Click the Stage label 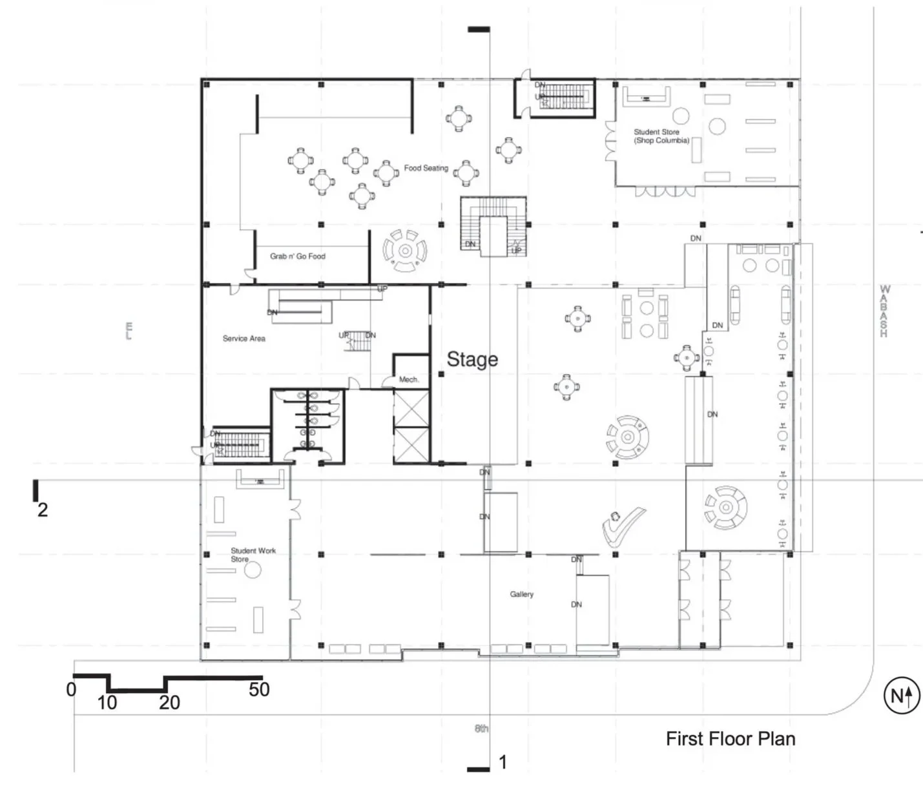472,359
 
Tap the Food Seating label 426,168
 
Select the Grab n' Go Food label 298,256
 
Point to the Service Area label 244,338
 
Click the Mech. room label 408,380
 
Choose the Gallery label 521,594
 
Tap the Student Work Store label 253,555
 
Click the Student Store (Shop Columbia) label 660,136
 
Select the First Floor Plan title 731,739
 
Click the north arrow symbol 901,696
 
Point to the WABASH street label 884,311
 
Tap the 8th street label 481,729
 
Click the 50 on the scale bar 259,690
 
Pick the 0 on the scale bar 71,690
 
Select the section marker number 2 43,510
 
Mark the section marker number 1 503,763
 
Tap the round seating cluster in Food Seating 405,251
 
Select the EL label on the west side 129,330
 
